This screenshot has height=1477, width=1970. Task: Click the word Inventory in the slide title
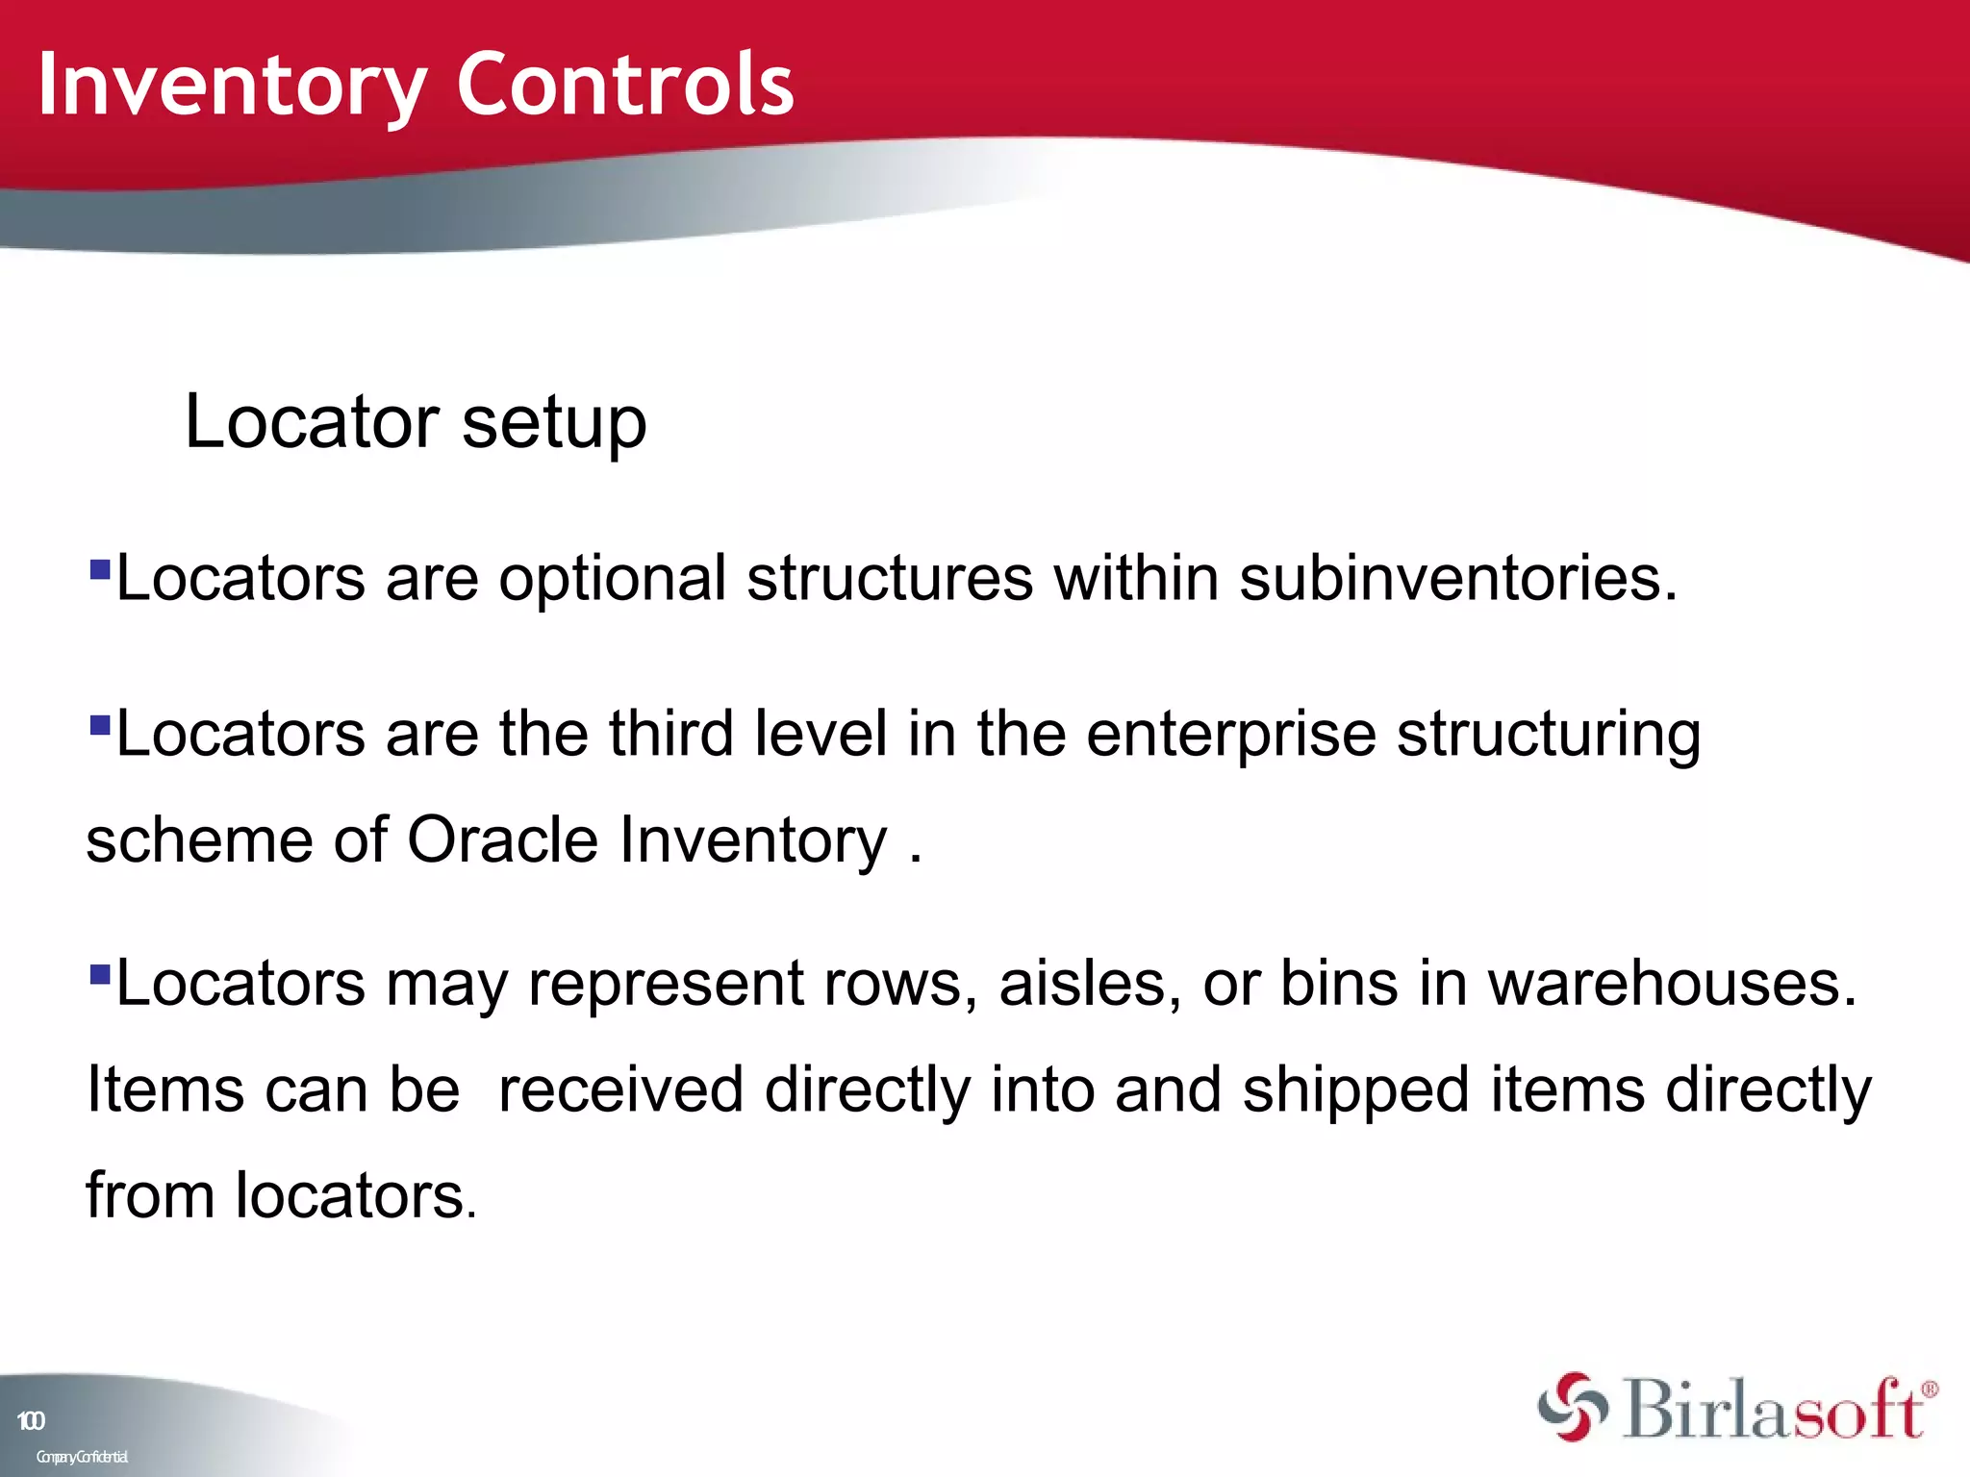pos(231,87)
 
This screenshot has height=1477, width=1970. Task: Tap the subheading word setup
pos(554,423)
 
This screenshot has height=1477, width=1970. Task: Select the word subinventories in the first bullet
pos(1457,579)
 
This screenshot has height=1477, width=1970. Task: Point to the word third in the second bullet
pos(671,734)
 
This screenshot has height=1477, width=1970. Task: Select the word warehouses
pos(1672,985)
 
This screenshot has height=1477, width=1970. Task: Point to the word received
pos(621,1090)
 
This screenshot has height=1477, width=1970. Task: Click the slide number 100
pos(31,1421)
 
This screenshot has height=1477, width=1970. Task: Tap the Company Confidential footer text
pos(82,1457)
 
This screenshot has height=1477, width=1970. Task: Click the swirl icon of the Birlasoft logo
pos(1572,1407)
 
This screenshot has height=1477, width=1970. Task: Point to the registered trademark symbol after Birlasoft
pos(1929,1389)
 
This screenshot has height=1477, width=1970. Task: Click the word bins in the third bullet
pos(1339,985)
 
